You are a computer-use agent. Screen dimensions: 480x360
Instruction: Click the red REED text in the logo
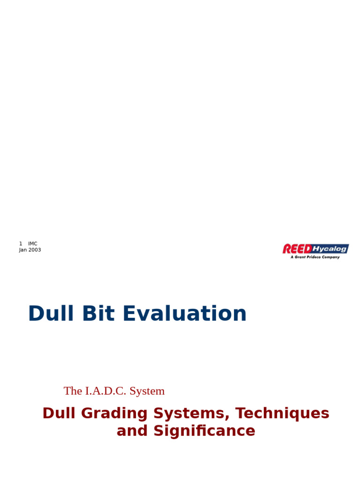click(297, 249)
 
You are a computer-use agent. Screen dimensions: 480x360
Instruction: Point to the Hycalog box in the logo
click(330, 248)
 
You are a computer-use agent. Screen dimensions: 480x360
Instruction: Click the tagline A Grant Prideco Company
click(315, 257)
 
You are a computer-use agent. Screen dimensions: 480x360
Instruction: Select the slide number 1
click(21, 244)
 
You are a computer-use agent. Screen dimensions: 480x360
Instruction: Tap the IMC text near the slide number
click(33, 244)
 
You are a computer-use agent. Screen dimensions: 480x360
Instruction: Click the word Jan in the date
click(23, 250)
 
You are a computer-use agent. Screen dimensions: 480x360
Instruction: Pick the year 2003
click(35, 250)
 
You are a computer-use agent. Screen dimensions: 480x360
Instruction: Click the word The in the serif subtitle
click(73, 391)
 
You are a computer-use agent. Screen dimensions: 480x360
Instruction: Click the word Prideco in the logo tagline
click(315, 257)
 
